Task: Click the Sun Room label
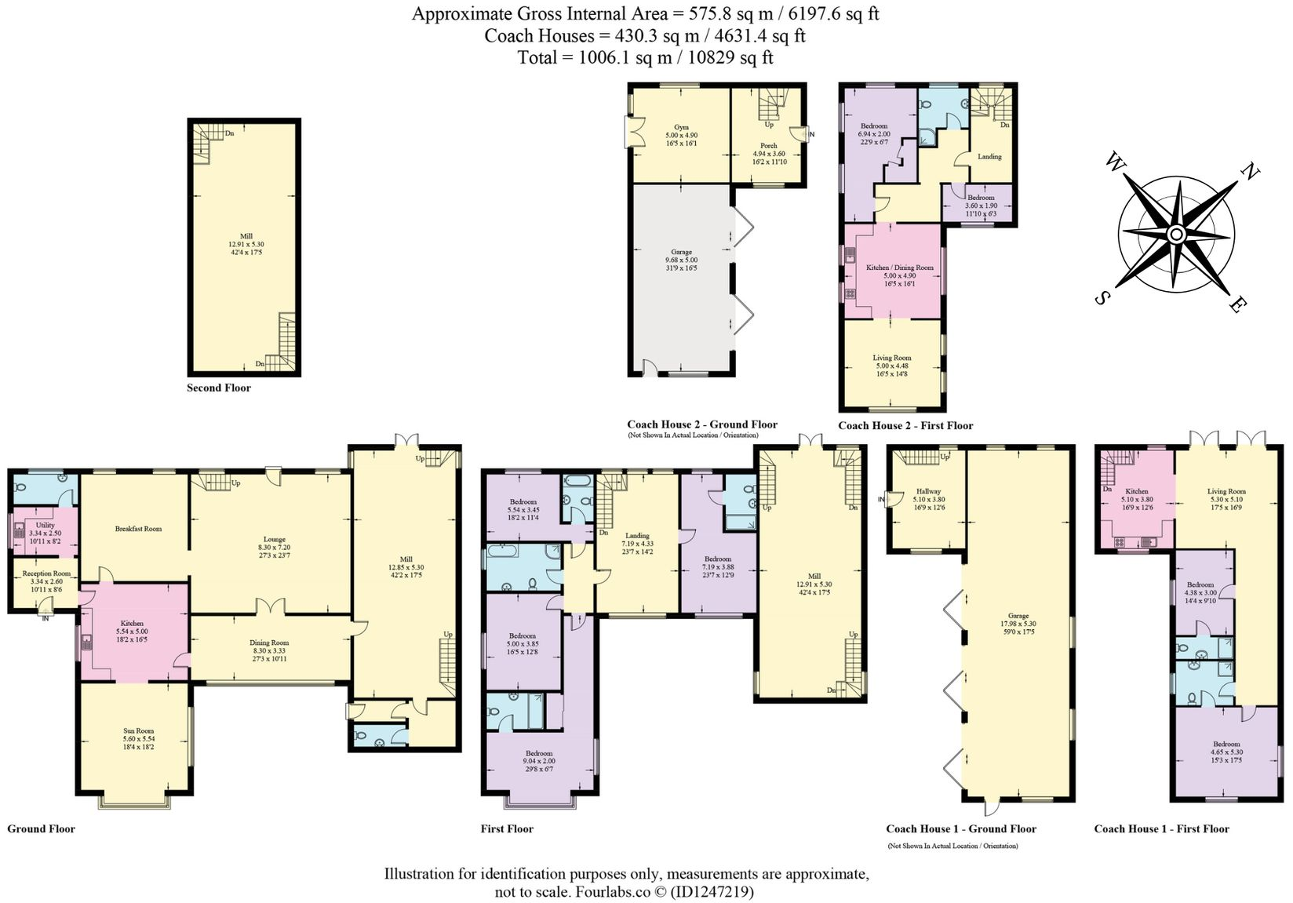click(x=138, y=730)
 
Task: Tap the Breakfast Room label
click(x=138, y=529)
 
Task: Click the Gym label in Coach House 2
click(x=681, y=127)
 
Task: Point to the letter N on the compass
click(x=1251, y=170)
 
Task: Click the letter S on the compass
click(x=1102, y=298)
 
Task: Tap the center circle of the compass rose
click(x=1175, y=235)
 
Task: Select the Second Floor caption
click(x=219, y=388)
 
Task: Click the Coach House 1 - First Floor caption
click(x=1161, y=828)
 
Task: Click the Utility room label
click(x=46, y=525)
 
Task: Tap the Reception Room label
click(x=46, y=573)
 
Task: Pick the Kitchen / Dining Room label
click(x=900, y=268)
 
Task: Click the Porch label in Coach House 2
click(x=769, y=145)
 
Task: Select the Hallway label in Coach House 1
click(x=929, y=491)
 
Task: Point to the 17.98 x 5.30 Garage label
click(x=1018, y=624)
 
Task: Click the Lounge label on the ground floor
click(x=274, y=539)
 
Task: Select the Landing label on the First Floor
click(x=637, y=535)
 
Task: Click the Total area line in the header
click(x=645, y=57)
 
